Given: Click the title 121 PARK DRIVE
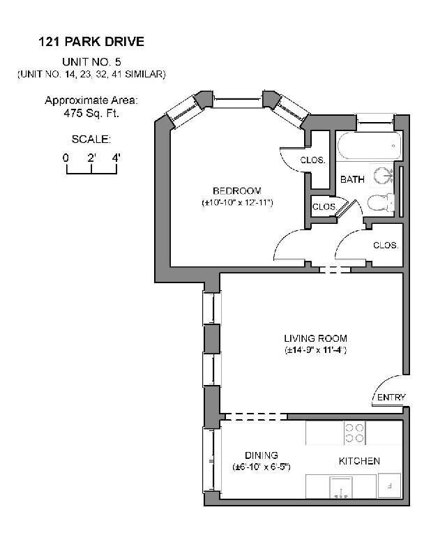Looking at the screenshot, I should (91, 42).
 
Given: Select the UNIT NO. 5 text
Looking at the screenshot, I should (91, 61).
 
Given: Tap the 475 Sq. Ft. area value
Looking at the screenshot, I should (91, 113).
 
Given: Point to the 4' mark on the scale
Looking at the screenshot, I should (116, 158).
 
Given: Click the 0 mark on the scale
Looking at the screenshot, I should (66, 158).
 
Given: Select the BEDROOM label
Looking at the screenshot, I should (236, 191).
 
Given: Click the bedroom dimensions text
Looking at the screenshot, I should (236, 203).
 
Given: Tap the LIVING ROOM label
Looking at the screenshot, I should (315, 339).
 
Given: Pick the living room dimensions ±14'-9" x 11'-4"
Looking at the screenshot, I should (315, 350).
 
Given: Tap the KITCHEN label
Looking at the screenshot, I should (359, 461).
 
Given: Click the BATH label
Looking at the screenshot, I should (352, 180).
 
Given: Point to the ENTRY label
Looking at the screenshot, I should (391, 398).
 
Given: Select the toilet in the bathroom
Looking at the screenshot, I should (379, 203).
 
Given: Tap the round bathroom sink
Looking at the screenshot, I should (383, 174).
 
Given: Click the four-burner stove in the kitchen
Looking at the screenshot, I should (354, 433).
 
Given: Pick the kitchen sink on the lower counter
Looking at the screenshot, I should (342, 485).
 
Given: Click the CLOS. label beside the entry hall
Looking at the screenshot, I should (385, 246).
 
